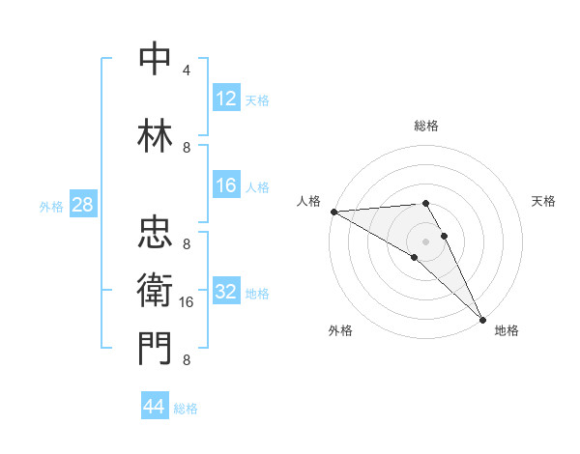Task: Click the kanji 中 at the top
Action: (156, 59)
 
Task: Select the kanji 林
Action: (156, 136)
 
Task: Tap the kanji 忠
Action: (156, 233)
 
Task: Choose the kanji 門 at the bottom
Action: (156, 349)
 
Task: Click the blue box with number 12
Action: (226, 99)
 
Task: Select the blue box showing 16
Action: (226, 186)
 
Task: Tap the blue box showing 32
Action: (226, 293)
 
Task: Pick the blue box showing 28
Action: (82, 205)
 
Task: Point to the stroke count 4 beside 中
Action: (186, 71)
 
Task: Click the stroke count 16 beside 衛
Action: (188, 302)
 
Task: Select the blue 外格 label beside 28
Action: (51, 206)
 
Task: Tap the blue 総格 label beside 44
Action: (186, 409)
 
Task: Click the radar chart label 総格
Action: (425, 126)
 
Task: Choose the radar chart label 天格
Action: (543, 201)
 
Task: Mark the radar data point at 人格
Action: (333, 211)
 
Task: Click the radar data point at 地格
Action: (481, 318)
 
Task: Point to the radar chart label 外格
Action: (340, 330)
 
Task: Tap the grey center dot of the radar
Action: (425, 241)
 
